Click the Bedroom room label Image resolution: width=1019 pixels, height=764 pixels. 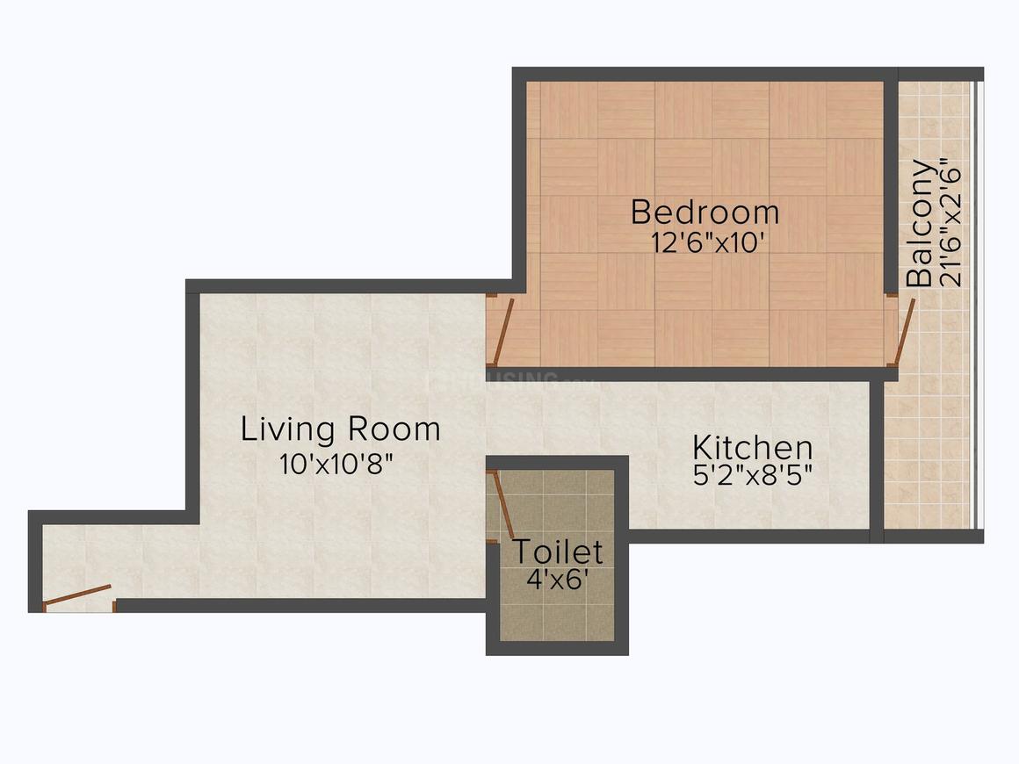coord(705,213)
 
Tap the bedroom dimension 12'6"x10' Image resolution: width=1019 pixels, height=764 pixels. coord(706,243)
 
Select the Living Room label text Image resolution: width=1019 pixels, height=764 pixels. coord(341,429)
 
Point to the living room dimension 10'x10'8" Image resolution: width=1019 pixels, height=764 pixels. coord(336,464)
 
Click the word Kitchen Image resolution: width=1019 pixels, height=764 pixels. coord(753,447)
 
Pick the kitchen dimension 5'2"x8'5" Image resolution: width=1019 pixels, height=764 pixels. coord(753,476)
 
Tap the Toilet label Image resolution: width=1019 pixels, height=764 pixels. coord(558,551)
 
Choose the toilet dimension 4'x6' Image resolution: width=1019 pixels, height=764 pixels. coord(558,579)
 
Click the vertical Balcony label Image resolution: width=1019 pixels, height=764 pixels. coord(921,223)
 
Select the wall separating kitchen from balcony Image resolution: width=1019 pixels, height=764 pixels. coord(877,461)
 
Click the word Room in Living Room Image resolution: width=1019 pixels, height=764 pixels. coord(394,429)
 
